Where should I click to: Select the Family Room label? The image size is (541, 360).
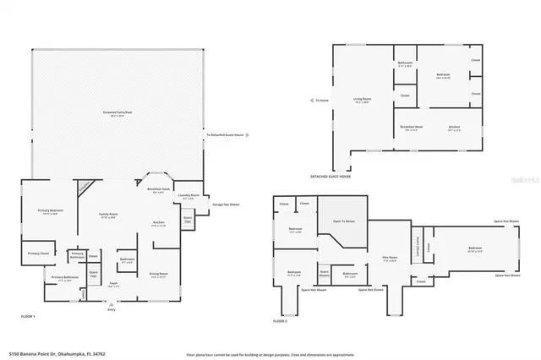[107, 215]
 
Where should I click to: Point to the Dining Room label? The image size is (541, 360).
[159, 274]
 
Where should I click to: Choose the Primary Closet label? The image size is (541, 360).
[38, 253]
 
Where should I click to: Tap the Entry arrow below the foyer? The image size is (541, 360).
[111, 307]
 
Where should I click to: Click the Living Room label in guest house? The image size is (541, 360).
[363, 100]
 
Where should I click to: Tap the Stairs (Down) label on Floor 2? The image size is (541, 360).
[324, 272]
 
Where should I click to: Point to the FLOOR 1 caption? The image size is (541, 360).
[28, 315]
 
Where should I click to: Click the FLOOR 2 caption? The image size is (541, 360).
[281, 321]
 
